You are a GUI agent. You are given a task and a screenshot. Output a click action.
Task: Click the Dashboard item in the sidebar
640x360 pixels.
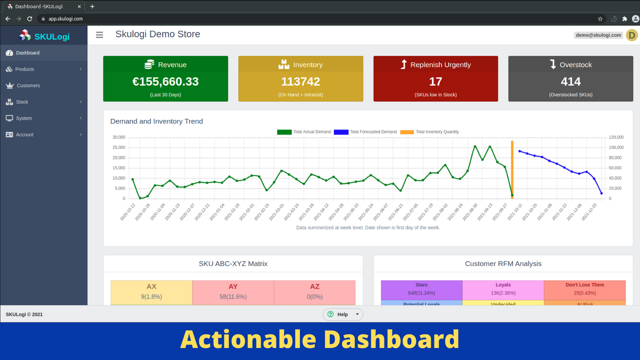point(27,53)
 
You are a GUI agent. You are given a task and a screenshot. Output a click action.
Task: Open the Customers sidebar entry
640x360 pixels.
point(28,85)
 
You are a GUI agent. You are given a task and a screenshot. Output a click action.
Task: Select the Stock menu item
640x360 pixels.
point(22,102)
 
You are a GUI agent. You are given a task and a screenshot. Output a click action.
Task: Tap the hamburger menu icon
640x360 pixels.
point(99,34)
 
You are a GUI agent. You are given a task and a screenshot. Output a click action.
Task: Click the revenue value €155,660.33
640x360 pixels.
point(165,81)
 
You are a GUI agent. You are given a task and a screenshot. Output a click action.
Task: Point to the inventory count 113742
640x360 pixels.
point(300,81)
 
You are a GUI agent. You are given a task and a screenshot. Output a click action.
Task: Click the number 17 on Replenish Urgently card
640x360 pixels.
point(435,81)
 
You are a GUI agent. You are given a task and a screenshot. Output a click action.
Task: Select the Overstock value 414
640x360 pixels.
point(570,81)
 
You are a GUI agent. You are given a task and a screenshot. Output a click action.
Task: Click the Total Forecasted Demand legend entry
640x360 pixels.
point(365,132)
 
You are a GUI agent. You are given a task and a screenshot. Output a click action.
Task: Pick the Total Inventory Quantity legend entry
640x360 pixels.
point(429,132)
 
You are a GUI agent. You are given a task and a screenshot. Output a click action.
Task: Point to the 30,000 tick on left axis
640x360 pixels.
point(118,137)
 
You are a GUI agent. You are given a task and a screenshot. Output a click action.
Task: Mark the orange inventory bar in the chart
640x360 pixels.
point(512,170)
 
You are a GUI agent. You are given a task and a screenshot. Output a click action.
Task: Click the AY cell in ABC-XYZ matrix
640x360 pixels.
point(233,291)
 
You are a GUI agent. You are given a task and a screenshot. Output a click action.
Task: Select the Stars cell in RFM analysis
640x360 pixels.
point(421,289)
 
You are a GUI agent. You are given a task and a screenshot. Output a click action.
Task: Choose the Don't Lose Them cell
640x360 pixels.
point(584,289)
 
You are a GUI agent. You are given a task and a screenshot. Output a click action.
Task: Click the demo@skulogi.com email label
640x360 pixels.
point(598,35)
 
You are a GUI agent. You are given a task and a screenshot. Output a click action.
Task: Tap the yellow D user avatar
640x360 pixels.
point(631,35)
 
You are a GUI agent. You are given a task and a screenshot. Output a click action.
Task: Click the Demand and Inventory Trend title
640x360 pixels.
point(156,121)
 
